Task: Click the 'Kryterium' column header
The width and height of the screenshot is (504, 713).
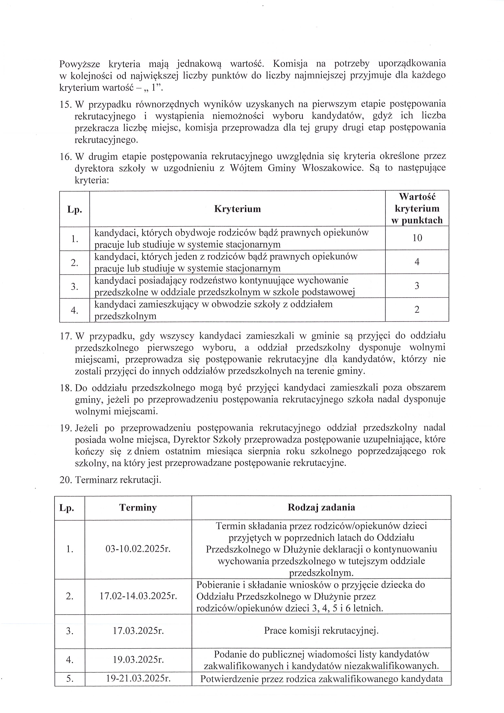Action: click(237, 209)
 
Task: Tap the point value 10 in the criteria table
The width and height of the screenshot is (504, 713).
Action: click(417, 238)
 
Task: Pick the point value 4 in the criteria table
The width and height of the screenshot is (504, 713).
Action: click(417, 262)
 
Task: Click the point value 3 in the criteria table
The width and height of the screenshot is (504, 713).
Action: click(417, 286)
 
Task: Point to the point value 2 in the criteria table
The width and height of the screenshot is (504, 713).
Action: click(417, 309)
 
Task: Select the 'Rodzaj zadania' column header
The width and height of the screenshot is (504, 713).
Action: click(321, 507)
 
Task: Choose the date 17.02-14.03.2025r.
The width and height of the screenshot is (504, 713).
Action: click(138, 596)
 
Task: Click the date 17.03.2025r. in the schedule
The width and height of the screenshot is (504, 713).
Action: click(138, 631)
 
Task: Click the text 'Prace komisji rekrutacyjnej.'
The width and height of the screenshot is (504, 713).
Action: click(321, 630)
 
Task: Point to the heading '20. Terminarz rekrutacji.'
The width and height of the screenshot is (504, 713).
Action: click(110, 480)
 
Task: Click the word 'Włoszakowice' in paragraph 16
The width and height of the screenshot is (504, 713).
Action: click(332, 168)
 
